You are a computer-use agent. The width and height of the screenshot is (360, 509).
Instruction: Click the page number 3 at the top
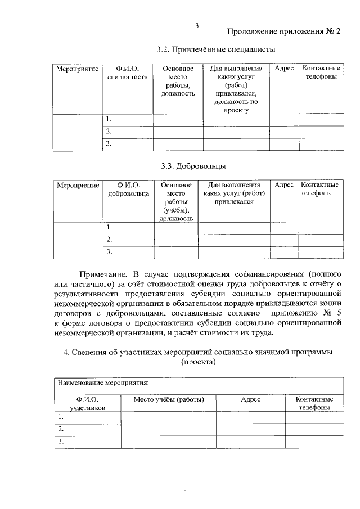[197, 25]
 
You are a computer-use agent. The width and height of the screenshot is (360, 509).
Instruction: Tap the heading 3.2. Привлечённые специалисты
[216, 49]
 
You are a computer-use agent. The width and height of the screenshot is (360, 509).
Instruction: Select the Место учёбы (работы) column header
[169, 399]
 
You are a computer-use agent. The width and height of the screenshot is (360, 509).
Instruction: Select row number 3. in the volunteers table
[110, 251]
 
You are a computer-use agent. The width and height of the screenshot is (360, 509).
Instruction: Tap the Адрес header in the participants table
[251, 399]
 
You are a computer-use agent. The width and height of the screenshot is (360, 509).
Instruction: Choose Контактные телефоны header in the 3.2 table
[321, 73]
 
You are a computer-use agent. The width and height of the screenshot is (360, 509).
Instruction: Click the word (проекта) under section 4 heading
[198, 362]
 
